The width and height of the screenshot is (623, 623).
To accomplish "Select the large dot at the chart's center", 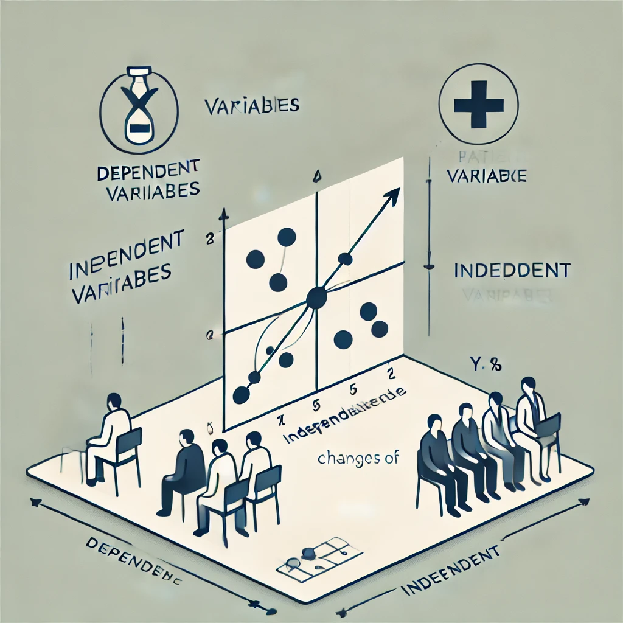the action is click(316, 298).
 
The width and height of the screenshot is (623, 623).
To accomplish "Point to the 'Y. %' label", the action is click(486, 366).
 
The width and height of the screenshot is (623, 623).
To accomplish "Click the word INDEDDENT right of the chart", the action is click(512, 270).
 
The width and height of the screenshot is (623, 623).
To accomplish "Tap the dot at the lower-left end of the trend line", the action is click(241, 395).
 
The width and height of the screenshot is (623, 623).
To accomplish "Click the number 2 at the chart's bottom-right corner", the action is click(389, 372).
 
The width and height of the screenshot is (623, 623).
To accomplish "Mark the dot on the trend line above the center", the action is click(345, 259).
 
